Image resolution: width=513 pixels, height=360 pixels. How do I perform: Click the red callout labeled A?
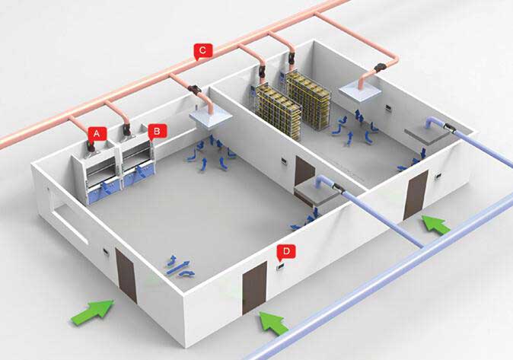95,132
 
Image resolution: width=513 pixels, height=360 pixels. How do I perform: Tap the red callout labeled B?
155,131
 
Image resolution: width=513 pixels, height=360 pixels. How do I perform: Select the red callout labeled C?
202,51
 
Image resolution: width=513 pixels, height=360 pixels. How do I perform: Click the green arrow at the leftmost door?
92,310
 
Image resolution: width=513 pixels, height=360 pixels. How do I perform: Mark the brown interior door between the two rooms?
304,175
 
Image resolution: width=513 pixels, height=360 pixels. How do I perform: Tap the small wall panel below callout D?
279,265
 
